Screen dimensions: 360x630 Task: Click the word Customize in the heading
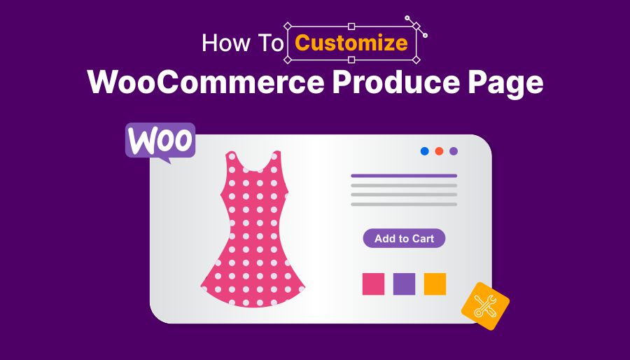(351, 43)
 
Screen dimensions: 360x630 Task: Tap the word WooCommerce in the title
(205, 83)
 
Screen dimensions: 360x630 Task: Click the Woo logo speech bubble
(160, 141)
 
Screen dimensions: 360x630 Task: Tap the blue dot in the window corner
(425, 151)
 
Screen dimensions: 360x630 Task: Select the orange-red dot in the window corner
(439, 151)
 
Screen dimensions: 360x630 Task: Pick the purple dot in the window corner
(454, 151)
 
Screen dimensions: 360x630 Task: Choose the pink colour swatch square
(373, 284)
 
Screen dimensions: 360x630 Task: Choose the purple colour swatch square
(404, 284)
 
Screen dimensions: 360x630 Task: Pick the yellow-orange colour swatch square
(435, 284)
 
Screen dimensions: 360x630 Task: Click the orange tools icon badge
(485, 306)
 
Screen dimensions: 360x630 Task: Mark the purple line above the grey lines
(404, 176)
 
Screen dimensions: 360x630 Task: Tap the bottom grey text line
(404, 205)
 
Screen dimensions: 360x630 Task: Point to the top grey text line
(404, 186)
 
